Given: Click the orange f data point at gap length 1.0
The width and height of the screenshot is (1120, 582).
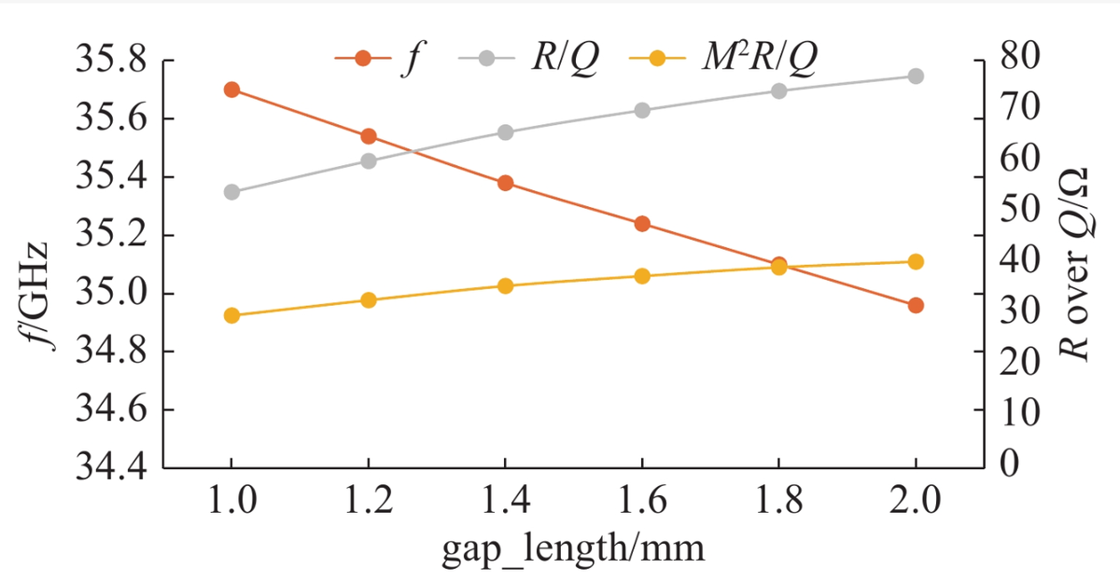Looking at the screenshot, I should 231,90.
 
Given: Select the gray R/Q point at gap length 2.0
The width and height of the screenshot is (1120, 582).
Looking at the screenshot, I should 916,76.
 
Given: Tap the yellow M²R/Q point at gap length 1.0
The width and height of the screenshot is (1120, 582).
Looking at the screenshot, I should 231,315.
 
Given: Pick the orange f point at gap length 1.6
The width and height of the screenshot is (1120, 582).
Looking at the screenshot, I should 642,224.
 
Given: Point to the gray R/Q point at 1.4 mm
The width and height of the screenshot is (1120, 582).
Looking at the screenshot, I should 505,132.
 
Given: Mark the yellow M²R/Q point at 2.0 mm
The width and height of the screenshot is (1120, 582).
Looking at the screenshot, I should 916,261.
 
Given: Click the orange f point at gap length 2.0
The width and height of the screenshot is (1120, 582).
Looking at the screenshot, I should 916,305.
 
